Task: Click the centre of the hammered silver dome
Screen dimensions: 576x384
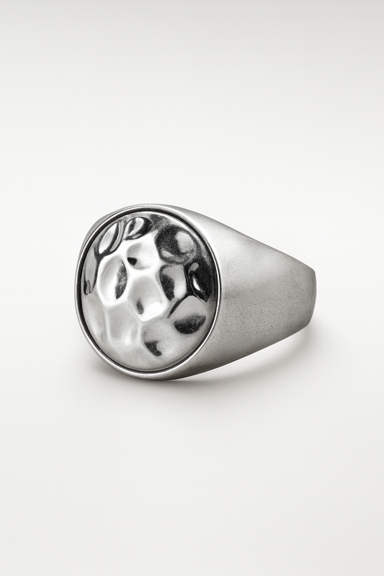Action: tap(148, 292)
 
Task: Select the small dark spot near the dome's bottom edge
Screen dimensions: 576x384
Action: tap(153, 348)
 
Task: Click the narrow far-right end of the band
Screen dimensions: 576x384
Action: tap(311, 288)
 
